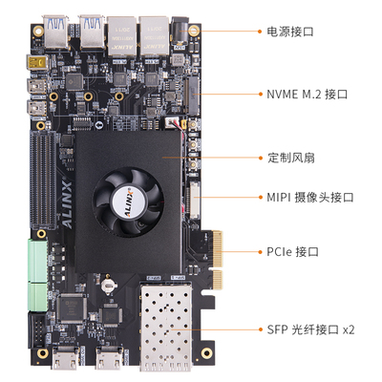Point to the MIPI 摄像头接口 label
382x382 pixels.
(x=309, y=198)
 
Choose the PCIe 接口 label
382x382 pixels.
(x=292, y=252)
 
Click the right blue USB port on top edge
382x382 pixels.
(x=93, y=30)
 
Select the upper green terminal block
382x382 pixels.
(x=38, y=258)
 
